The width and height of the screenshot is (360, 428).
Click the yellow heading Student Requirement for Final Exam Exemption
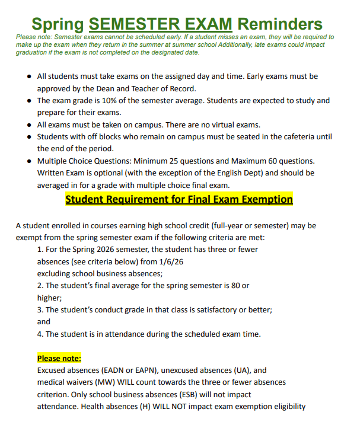coord(179,199)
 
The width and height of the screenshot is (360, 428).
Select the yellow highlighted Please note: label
coord(59,358)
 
